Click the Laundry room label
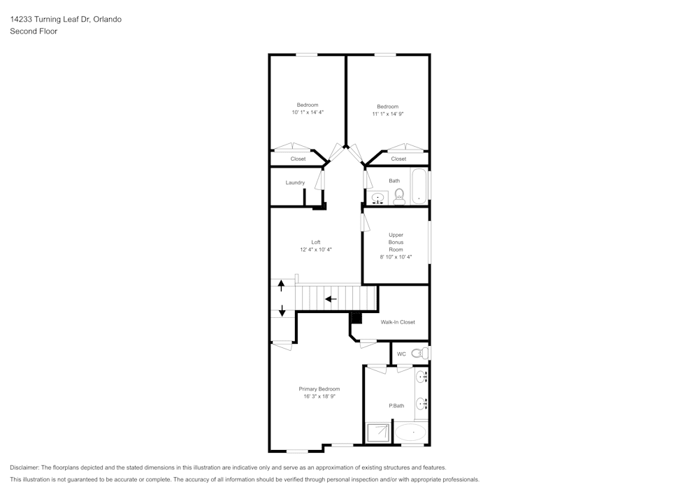pos(295,182)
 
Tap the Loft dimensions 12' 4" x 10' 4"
pos(316,249)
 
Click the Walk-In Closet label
pos(398,322)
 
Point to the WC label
pos(401,354)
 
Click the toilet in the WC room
pos(417,354)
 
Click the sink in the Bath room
pos(377,198)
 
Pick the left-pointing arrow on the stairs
pos(331,299)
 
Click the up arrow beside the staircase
pos(282,285)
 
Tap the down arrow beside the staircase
pos(282,311)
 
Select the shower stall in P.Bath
pos(378,433)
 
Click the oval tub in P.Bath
pos(410,433)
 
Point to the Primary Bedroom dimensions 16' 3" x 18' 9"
pos(319,396)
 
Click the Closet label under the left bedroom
pos(298,159)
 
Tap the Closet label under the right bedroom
pos(398,159)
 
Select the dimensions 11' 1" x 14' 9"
pos(388,113)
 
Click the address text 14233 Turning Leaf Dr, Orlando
pos(66,20)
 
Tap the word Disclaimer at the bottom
pos(25,467)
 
